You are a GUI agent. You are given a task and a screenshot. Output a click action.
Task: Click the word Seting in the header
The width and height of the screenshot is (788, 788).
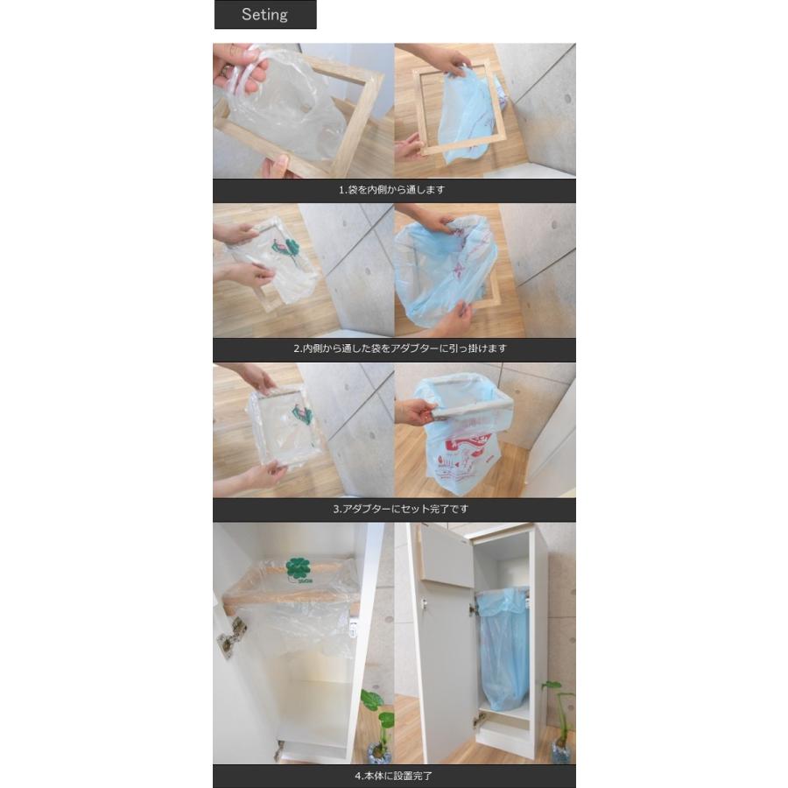(264, 15)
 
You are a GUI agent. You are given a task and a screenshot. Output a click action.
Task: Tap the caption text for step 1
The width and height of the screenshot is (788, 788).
(393, 189)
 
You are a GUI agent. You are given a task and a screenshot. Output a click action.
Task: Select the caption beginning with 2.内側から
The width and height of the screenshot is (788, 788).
(399, 348)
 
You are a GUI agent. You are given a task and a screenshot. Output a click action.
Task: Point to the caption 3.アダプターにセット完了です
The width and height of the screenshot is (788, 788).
(394, 509)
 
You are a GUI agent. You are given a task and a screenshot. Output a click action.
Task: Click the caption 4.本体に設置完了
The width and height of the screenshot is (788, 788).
(393, 776)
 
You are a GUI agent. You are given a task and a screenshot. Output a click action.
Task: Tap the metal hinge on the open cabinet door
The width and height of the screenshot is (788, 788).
(231, 637)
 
